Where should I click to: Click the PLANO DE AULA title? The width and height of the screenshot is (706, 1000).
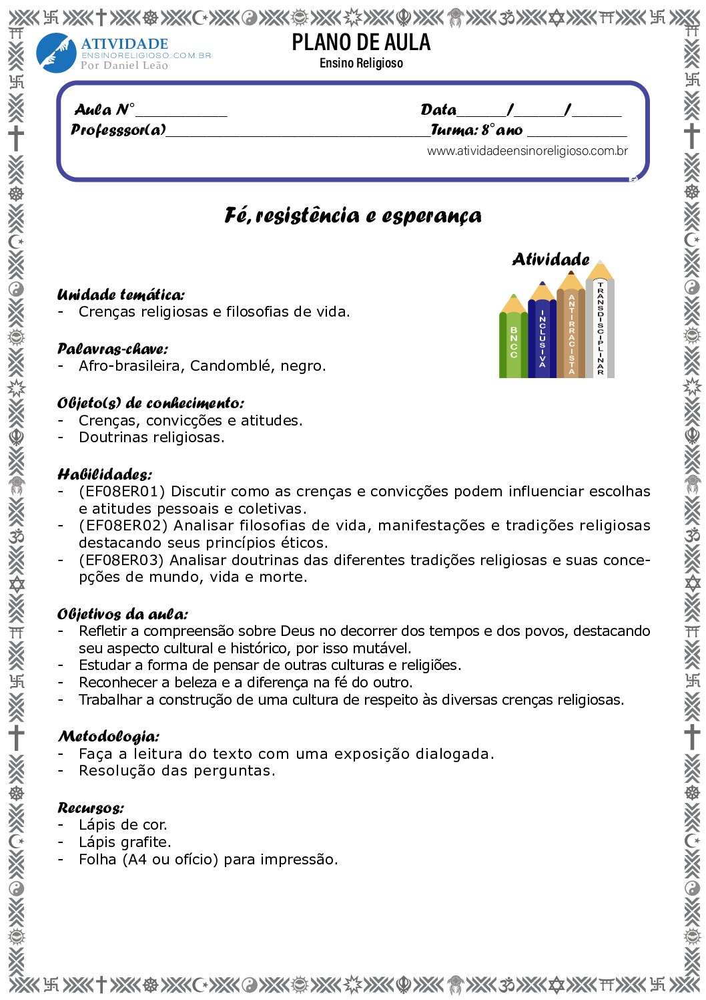[x=361, y=43]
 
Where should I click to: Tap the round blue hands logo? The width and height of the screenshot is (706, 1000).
[x=56, y=53]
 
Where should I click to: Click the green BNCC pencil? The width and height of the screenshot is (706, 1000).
[x=513, y=341]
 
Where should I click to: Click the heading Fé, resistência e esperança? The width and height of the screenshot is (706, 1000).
[x=353, y=216]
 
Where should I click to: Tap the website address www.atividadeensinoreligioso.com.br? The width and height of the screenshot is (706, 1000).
[x=527, y=151]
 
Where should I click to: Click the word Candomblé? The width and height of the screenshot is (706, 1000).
[x=231, y=366]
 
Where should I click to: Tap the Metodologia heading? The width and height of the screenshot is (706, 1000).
[x=109, y=737]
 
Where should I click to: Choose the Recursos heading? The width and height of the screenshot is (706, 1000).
[x=90, y=808]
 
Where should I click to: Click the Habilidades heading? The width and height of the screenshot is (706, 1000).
[x=104, y=475]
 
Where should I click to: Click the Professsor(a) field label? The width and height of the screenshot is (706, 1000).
[x=118, y=130]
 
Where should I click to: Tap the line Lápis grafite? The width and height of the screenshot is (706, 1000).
[x=125, y=842]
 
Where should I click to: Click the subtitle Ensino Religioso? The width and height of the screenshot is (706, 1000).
[x=361, y=63]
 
